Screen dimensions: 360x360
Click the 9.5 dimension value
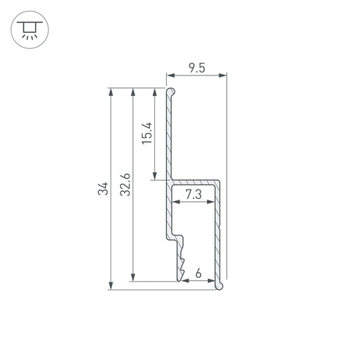click(197, 68)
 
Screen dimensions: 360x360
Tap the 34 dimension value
click(103, 188)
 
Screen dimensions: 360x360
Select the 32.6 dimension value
click(125, 184)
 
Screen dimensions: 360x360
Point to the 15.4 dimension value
click(147, 133)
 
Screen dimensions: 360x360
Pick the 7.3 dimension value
click(193, 195)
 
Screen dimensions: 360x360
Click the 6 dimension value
click(198, 273)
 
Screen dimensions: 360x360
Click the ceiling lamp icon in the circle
click(30, 30)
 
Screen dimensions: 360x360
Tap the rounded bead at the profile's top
click(171, 91)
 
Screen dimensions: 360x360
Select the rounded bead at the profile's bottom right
click(220, 285)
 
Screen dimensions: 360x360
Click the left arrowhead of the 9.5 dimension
click(171, 75)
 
